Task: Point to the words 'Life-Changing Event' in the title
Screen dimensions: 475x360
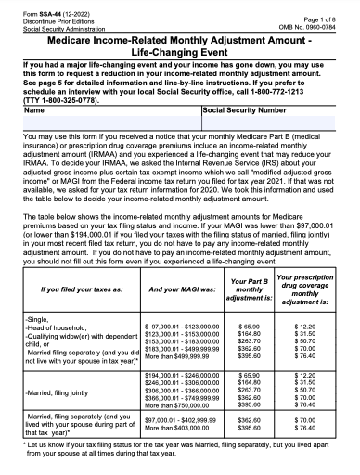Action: [x=179, y=55]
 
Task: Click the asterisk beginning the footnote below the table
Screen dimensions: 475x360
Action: [x=27, y=446]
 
